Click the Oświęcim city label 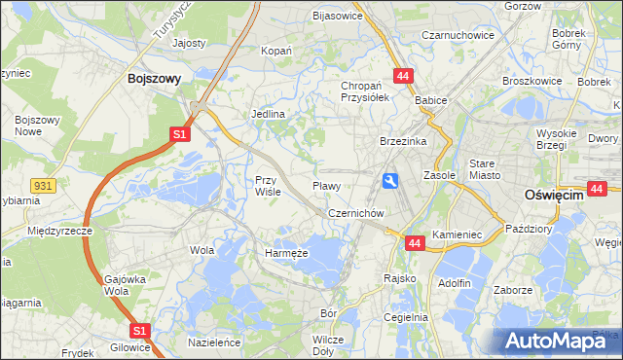[x=553, y=195]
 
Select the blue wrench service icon [x=390, y=180]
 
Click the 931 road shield [x=41, y=184]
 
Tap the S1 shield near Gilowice [x=140, y=331]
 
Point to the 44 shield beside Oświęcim [x=598, y=188]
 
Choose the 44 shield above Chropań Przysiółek [x=402, y=76]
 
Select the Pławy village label [x=325, y=185]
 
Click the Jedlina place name [x=269, y=114]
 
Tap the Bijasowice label [x=337, y=16]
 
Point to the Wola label [x=202, y=250]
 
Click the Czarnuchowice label [x=458, y=35]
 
